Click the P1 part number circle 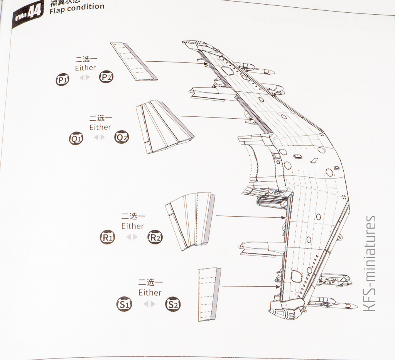point(62,80)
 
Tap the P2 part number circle point(106,77)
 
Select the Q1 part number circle point(76,138)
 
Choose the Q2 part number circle point(122,137)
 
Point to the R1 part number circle point(107,237)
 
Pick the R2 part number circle point(155,237)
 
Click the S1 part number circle point(124,304)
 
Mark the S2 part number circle point(172,304)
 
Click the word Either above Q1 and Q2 point(100,127)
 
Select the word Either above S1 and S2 point(150,293)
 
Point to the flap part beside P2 point(133,62)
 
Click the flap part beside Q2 point(164,126)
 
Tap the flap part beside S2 point(209,294)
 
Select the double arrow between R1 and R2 point(132,237)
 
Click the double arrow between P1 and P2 point(84,77)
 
